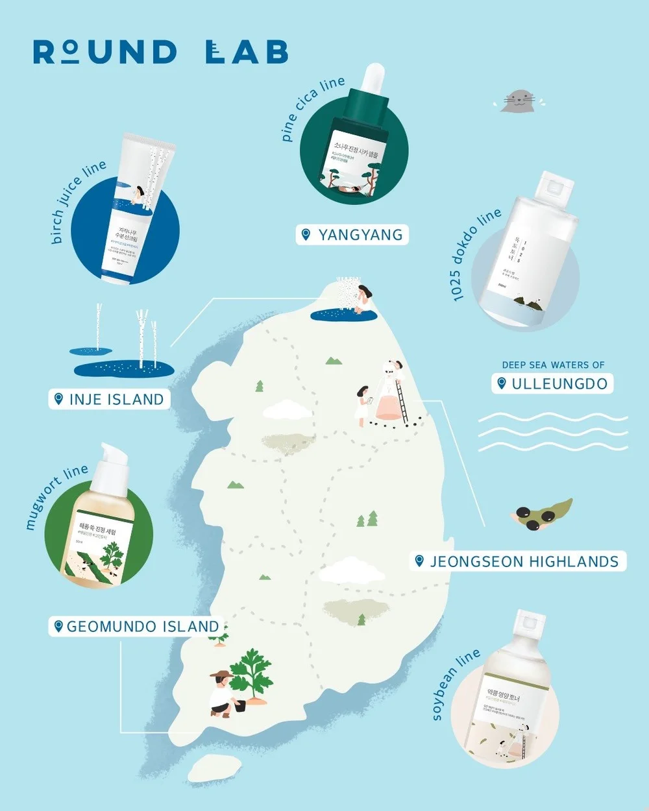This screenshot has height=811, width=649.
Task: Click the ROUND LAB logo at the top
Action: tap(161, 52)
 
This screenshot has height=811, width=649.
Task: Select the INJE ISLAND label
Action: tap(110, 399)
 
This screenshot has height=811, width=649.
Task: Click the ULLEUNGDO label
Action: tap(552, 383)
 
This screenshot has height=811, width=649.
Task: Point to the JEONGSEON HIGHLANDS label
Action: tap(518, 561)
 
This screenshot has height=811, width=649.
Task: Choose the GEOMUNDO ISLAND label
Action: tap(136, 626)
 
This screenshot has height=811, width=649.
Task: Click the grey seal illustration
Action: tap(519, 101)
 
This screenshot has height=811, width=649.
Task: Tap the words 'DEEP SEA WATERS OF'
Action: tap(553, 365)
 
